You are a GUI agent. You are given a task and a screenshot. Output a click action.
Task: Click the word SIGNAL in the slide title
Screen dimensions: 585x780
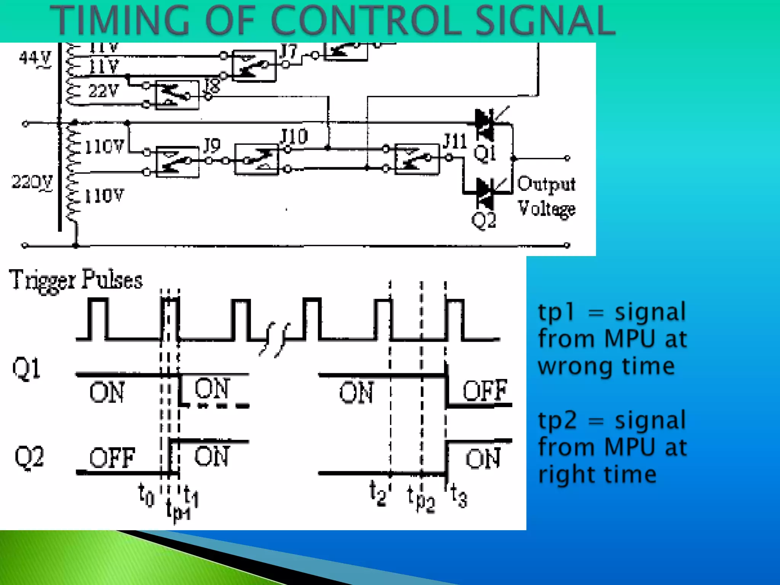tap(545, 21)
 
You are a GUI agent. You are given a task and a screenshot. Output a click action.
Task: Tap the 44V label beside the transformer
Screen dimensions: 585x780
tap(35, 59)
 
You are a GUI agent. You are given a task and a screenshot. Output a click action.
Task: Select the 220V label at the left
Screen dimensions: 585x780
tap(32, 182)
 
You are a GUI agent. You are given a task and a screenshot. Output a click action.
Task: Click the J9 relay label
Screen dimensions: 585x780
tap(212, 145)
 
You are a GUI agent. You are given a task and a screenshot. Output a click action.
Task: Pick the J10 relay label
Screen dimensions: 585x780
tap(294, 136)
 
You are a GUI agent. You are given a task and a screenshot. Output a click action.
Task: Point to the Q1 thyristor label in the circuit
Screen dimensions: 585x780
tap(484, 153)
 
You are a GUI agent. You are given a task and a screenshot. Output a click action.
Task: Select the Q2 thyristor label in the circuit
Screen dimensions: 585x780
tap(484, 220)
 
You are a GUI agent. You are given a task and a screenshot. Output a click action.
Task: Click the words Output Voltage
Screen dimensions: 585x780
tap(546, 196)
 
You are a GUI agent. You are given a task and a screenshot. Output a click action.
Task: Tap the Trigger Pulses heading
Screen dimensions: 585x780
tap(76, 280)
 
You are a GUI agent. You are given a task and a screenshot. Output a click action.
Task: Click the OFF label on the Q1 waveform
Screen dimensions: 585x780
tap(485, 390)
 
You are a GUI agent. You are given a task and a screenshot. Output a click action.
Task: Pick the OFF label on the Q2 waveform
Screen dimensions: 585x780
tap(112, 458)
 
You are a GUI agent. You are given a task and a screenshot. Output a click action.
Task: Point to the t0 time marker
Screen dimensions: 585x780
tap(146, 495)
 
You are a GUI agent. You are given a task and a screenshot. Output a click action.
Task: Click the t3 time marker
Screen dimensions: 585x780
tap(459, 496)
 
